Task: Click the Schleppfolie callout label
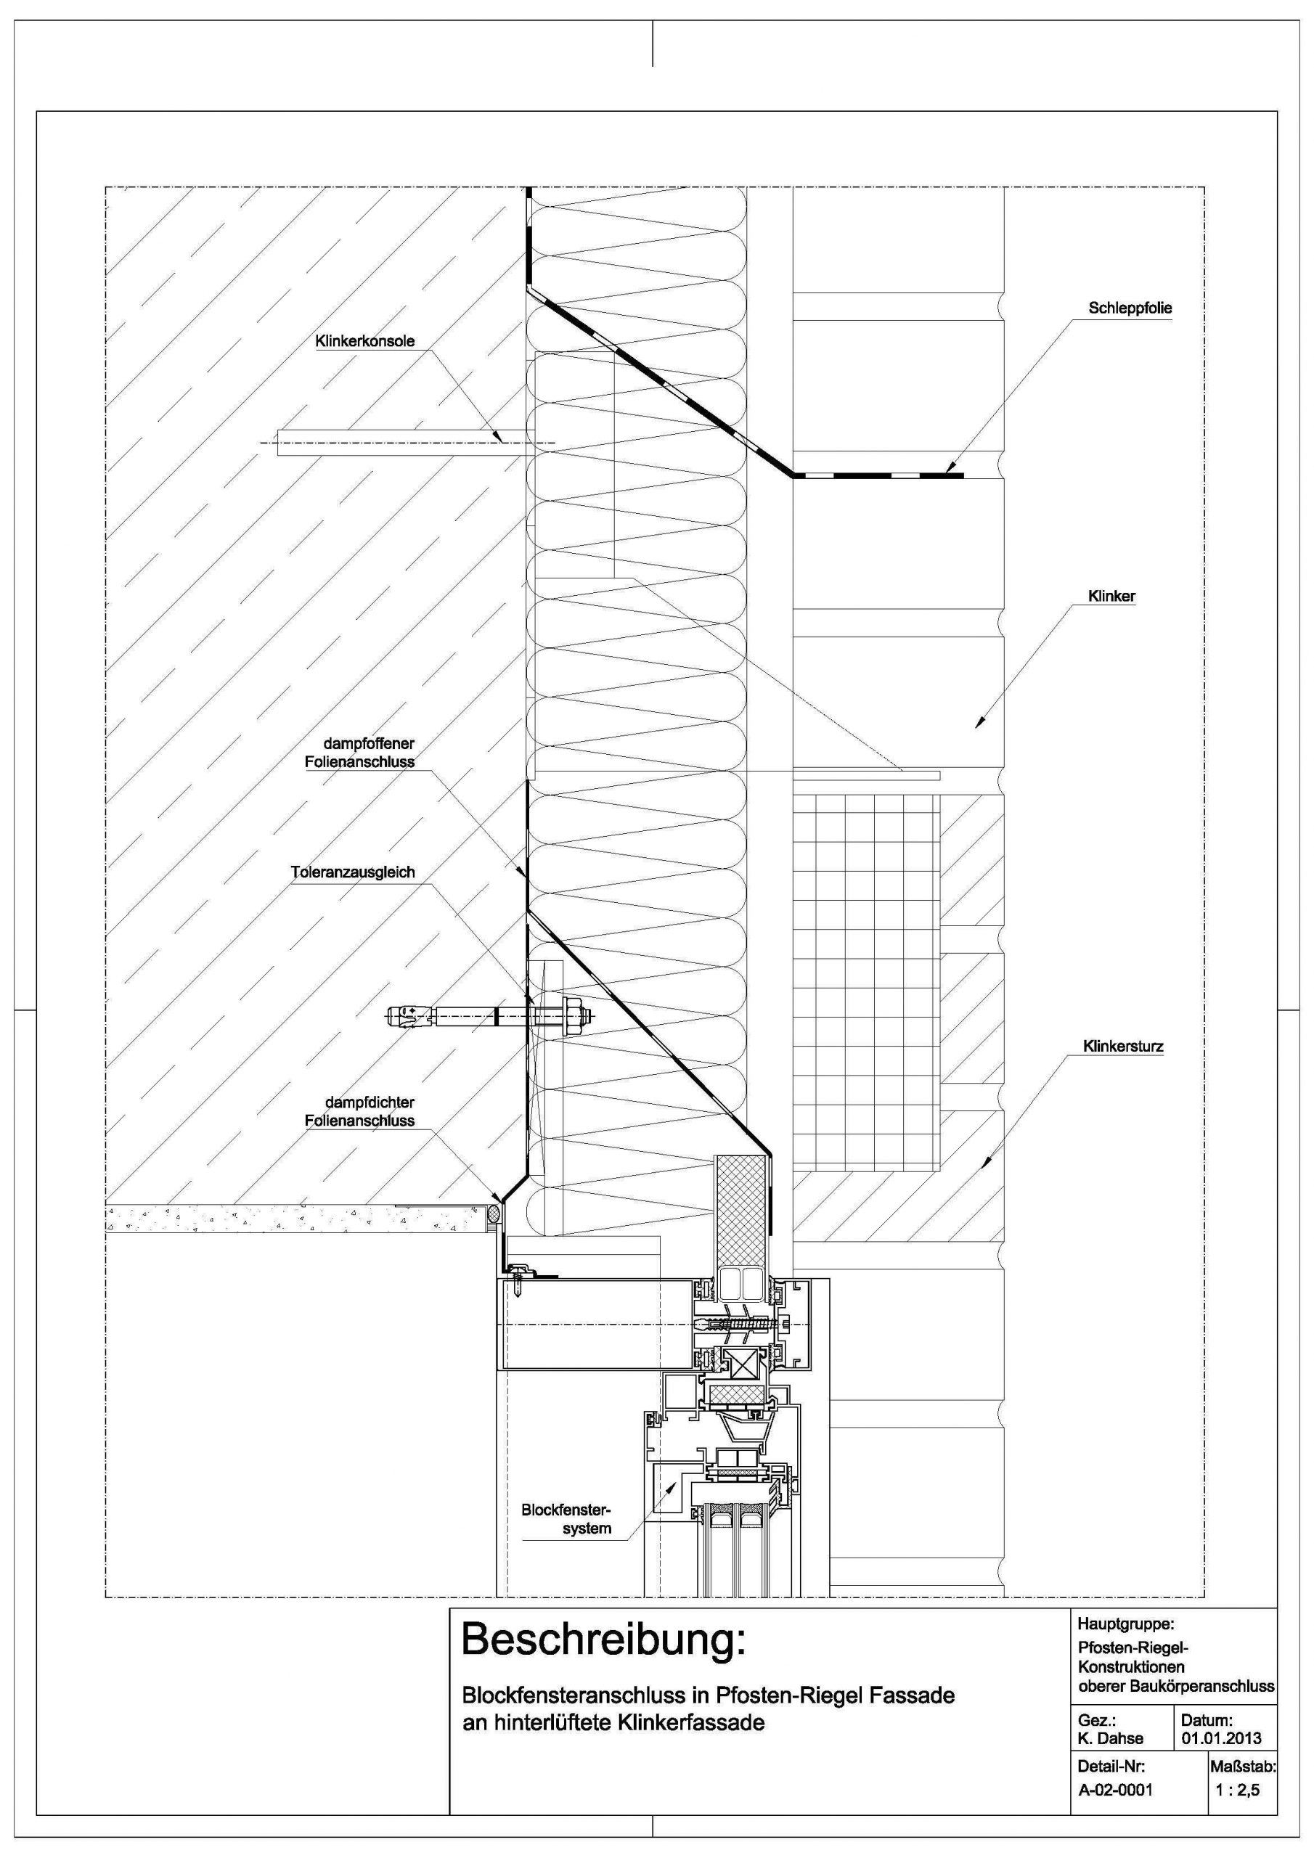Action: tap(1130, 308)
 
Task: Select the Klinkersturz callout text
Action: tap(1123, 1047)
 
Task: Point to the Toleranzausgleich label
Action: tap(352, 872)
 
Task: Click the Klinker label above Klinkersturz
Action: tap(1111, 597)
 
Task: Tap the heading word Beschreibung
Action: tap(602, 1640)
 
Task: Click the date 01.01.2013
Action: tap(1221, 1738)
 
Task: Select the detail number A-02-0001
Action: tap(1115, 1790)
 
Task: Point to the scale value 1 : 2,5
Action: tap(1237, 1790)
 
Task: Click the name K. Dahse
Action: tap(1111, 1738)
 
